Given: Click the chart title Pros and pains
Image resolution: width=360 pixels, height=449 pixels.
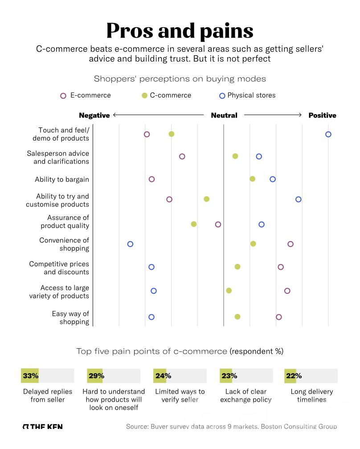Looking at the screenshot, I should tap(180, 31).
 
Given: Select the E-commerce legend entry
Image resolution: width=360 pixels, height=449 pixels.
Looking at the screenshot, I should tap(86, 95).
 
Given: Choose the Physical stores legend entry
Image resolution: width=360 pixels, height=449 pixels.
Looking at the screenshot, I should tap(247, 95).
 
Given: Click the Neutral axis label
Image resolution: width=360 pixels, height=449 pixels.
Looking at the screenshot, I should tap(224, 115).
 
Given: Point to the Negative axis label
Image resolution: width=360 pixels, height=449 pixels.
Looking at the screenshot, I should tap(94, 115).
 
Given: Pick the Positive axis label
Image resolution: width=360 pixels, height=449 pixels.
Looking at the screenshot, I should tap(322, 115).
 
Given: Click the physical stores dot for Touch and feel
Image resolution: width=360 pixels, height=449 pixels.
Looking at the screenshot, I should tap(328, 134).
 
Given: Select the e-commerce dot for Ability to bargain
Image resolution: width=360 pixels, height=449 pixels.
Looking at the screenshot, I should tap(151, 179).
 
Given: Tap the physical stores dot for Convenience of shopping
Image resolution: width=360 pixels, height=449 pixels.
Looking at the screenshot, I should tap(130, 244).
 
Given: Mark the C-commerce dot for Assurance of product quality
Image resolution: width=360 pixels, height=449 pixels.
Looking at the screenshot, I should tap(194, 224).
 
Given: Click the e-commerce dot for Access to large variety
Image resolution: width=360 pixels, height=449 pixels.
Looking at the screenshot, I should tap(287, 291).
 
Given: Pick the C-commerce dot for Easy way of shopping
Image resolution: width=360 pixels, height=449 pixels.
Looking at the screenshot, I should tap(237, 317).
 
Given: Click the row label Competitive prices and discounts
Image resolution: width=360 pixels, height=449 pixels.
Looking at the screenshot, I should tap(59, 268).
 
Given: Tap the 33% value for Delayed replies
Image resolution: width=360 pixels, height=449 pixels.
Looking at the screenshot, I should tap(30, 376).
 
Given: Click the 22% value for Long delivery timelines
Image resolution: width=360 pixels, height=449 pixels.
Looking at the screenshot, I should tap(294, 376).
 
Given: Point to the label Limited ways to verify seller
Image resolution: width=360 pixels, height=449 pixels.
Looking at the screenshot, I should tap(180, 395).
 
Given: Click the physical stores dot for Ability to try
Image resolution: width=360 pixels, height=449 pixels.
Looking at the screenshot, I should tap(299, 199).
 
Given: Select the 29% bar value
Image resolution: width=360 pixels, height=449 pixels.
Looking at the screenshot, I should tap(96, 376).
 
